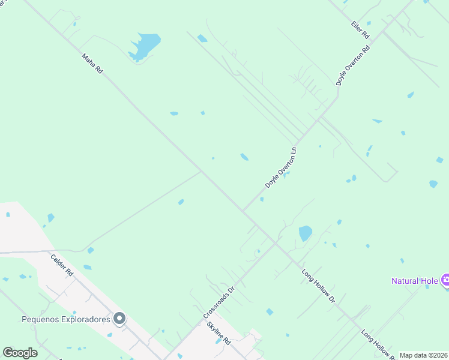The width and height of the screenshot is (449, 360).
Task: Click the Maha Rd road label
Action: pyautogui.click(x=92, y=63)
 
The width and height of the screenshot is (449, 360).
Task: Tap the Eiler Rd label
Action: pyautogui.click(x=360, y=31)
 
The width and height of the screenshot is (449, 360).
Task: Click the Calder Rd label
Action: pyautogui.click(x=62, y=265)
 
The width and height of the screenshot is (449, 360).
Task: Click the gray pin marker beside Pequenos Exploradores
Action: pyautogui.click(x=120, y=319)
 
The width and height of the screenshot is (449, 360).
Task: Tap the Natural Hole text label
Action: pyautogui.click(x=415, y=280)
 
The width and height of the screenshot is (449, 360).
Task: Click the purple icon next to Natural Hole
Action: pyautogui.click(x=445, y=280)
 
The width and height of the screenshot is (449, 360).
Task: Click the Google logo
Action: pyautogui.click(x=20, y=353)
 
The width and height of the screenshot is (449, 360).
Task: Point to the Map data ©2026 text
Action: pyautogui.click(x=423, y=355)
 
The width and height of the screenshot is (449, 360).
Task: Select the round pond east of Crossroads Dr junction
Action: pyautogui.click(x=306, y=233)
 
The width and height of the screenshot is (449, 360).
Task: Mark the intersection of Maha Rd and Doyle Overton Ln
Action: pyautogui.click(x=243, y=211)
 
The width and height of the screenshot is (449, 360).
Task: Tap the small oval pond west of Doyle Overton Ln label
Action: pyautogui.click(x=244, y=157)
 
